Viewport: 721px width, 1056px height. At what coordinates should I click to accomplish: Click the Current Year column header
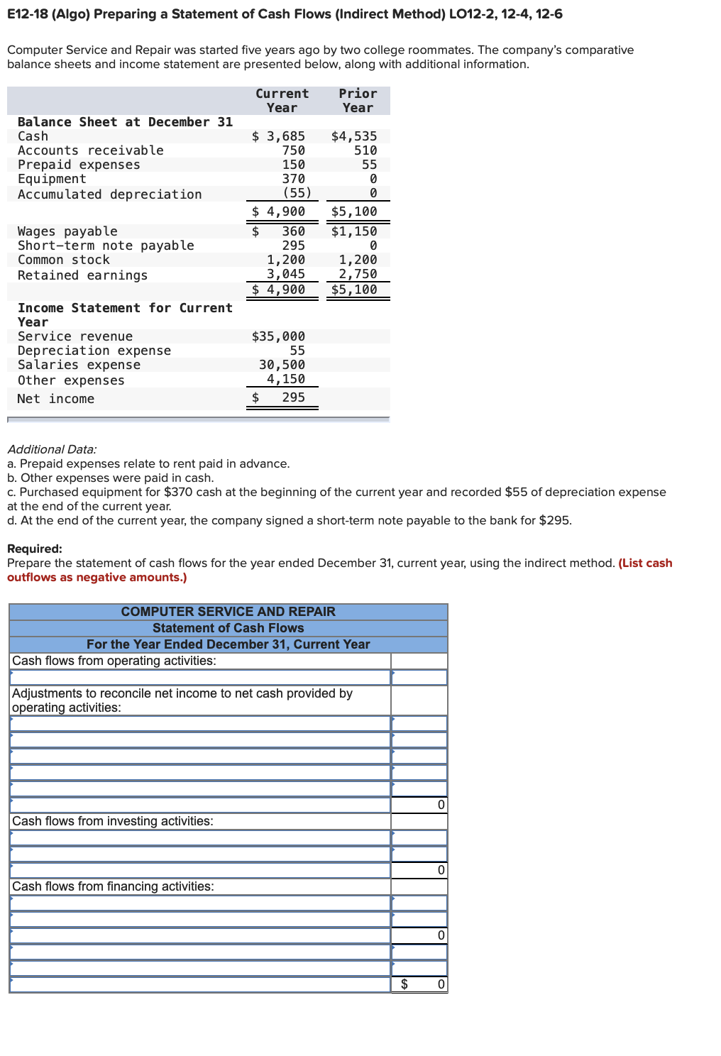(x=282, y=101)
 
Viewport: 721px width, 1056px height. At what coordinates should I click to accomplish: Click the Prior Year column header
(x=358, y=101)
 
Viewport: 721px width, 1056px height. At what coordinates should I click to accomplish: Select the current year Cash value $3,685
(x=279, y=136)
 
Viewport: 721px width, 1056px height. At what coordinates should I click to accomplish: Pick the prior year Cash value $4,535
(x=354, y=136)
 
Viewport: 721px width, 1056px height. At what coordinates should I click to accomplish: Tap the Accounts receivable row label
(x=90, y=150)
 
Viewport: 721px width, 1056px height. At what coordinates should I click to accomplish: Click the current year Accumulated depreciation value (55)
(x=297, y=193)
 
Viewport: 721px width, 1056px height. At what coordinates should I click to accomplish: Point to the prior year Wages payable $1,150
(x=354, y=231)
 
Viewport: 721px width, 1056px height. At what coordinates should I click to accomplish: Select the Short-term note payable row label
(x=106, y=246)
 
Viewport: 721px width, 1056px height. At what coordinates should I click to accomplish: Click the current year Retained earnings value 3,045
(x=286, y=274)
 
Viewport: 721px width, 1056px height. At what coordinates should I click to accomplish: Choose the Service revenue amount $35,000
(x=279, y=336)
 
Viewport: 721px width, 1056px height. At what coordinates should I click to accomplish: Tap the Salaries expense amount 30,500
(x=282, y=365)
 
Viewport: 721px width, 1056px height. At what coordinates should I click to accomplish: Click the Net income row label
(x=55, y=399)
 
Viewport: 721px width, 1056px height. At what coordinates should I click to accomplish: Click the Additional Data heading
(x=52, y=449)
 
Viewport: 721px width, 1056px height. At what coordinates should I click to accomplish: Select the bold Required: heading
(x=35, y=549)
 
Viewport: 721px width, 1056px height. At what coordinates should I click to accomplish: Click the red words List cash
(x=645, y=563)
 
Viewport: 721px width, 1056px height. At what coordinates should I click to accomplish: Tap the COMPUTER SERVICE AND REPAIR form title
(x=228, y=612)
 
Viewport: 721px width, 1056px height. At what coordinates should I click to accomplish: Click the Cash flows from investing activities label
(x=113, y=821)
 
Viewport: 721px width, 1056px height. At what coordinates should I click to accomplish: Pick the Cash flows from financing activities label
(x=113, y=886)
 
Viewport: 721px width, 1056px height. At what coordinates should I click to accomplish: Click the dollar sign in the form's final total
(x=404, y=984)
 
